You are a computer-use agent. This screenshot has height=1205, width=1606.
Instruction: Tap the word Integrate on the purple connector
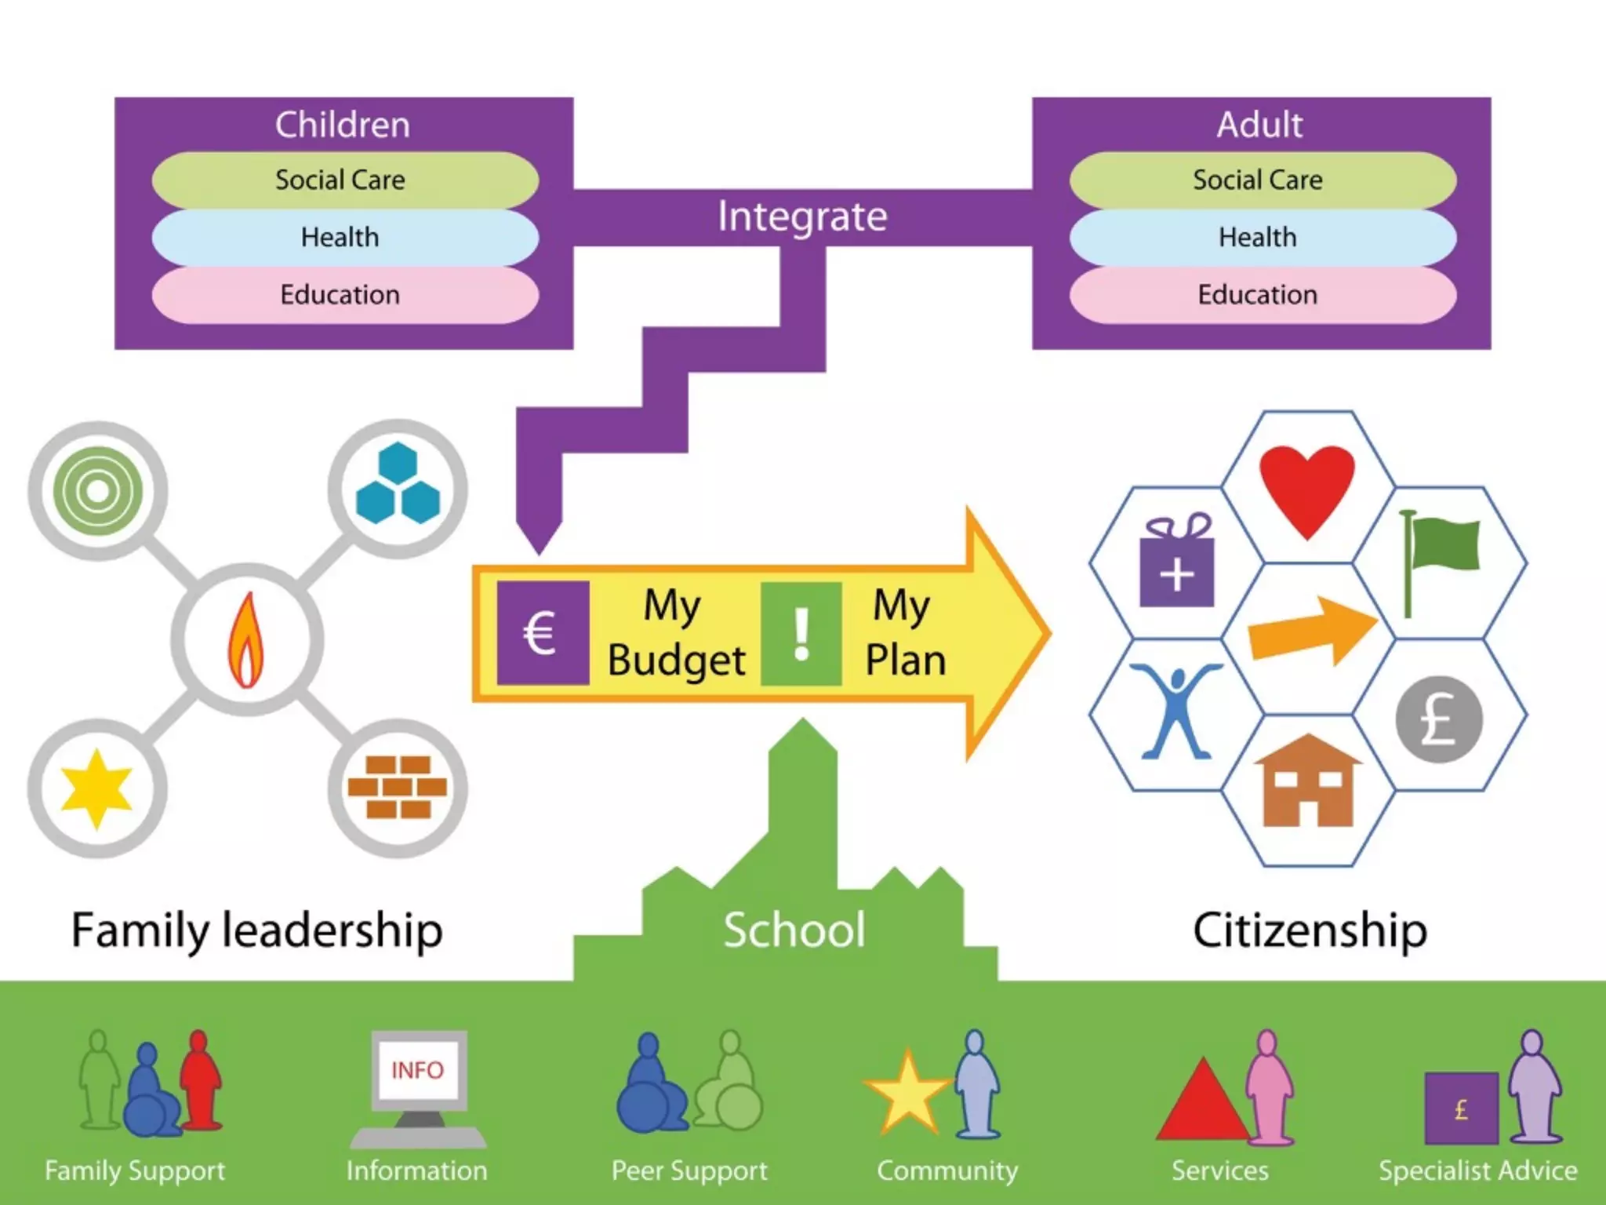[x=802, y=217]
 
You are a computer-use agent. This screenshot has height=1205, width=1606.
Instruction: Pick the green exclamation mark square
[x=801, y=632]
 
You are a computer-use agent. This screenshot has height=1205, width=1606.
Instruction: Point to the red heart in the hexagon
[x=1307, y=488]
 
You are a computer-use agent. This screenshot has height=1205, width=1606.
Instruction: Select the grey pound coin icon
[x=1439, y=719]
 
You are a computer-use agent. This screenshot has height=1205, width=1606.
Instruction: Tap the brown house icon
[x=1307, y=782]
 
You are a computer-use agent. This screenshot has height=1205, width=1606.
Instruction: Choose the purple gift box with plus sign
[x=1176, y=562]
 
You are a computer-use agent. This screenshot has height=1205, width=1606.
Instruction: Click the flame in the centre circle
[x=246, y=640]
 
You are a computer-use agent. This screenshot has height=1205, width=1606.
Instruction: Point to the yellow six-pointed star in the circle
[x=96, y=788]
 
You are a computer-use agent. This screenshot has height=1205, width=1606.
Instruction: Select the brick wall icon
[x=398, y=787]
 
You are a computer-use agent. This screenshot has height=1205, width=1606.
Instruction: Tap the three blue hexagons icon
[x=398, y=484]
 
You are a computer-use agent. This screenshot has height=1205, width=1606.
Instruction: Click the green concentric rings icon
[x=97, y=491]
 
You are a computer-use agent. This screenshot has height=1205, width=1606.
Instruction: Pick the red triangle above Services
[x=1201, y=1102]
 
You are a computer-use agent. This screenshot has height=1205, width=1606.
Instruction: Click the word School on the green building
[x=794, y=930]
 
